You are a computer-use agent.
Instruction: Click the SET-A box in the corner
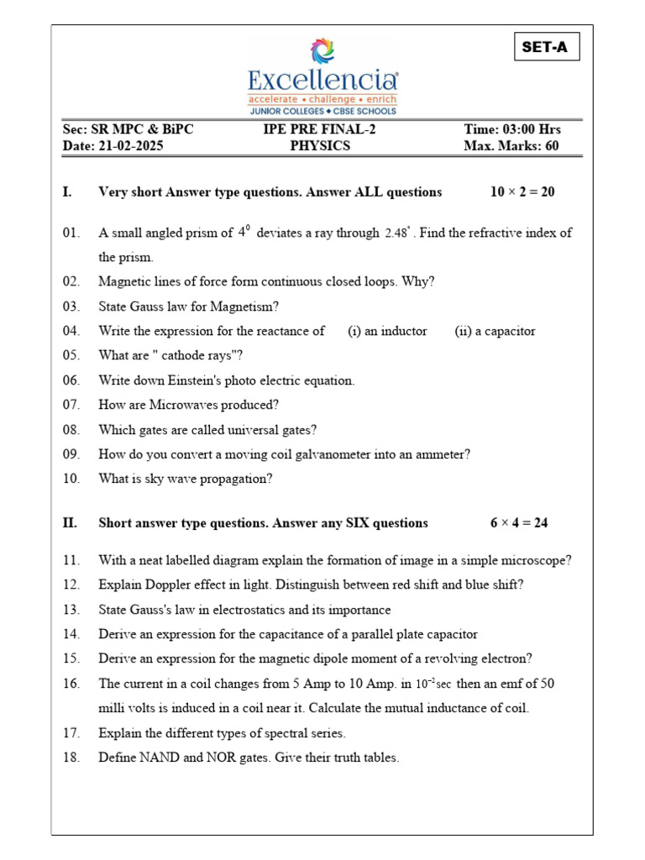click(x=545, y=47)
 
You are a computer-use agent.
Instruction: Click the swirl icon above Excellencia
click(x=322, y=51)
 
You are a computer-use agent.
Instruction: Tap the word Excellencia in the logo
click(x=322, y=81)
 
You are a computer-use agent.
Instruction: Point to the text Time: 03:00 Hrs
click(x=512, y=129)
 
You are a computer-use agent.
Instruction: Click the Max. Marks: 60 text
click(x=511, y=145)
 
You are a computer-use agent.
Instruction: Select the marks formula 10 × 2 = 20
click(x=522, y=192)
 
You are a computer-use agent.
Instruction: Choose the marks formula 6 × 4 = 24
click(x=519, y=523)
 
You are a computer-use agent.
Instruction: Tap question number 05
click(x=71, y=355)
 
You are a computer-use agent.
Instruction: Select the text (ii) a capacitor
click(x=495, y=331)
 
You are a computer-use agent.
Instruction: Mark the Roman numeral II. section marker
click(x=70, y=523)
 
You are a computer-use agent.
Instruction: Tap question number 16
click(x=71, y=684)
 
